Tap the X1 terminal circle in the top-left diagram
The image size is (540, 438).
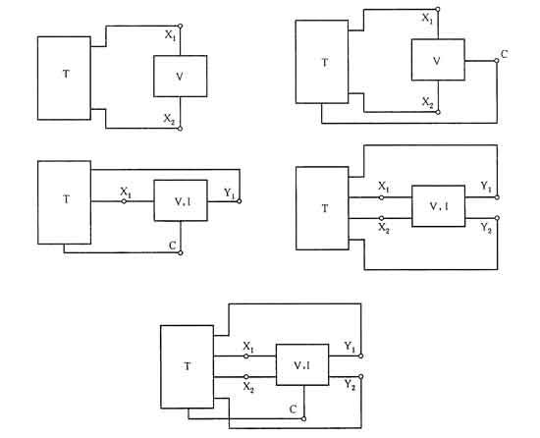[180, 26]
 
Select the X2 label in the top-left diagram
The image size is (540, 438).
[169, 119]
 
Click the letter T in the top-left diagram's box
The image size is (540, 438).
[66, 74]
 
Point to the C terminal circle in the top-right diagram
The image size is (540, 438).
[497, 61]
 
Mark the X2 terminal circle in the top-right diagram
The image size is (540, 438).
[438, 112]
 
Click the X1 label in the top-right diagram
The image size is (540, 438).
[427, 19]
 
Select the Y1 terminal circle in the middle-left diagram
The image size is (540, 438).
[240, 201]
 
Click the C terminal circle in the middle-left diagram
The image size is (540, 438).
[180, 252]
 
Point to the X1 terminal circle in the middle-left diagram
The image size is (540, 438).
[124, 201]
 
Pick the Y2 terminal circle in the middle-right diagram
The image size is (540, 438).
[497, 218]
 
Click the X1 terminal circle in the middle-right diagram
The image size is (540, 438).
[381, 197]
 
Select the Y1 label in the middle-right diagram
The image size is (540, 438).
[486, 187]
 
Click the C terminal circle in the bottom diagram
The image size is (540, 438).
[303, 418]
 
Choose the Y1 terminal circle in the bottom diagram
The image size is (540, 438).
[361, 356]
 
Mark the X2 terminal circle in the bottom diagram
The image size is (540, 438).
[245, 377]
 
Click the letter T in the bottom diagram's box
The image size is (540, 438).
[188, 366]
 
